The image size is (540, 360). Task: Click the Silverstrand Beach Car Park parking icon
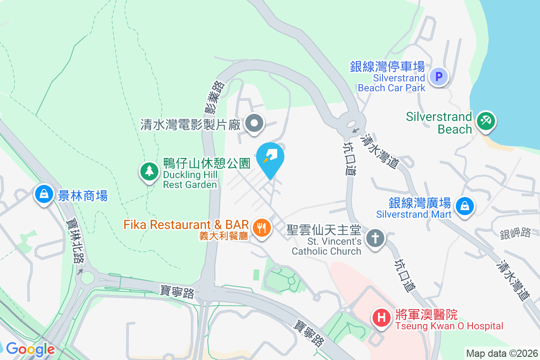(439, 76)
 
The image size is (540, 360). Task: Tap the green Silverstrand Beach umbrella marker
(486, 121)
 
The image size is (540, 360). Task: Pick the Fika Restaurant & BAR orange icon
(261, 228)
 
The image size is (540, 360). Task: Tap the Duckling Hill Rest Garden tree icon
(149, 171)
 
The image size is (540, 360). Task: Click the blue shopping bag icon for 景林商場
(44, 194)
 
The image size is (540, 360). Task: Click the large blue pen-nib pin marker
(270, 157)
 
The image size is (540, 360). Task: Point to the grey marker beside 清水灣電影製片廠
(255, 123)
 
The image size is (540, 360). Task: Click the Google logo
(30, 349)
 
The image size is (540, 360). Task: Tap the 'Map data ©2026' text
(502, 353)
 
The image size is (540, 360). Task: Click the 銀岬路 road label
(515, 233)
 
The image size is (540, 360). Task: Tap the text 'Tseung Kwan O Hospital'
(449, 326)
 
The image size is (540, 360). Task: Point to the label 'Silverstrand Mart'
(414, 214)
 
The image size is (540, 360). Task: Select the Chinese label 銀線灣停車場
(387, 67)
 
